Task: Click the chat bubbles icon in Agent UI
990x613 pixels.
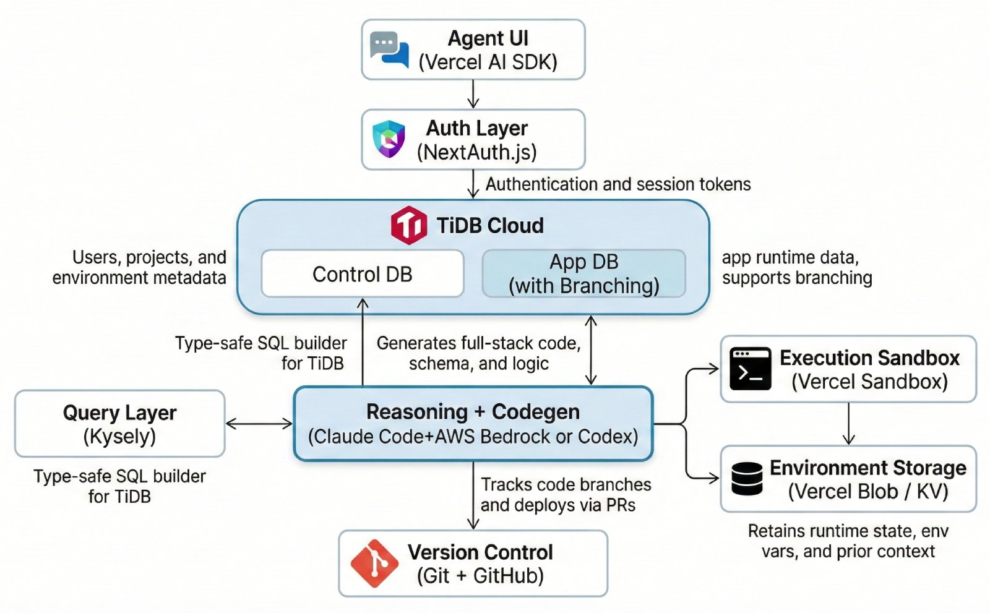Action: click(x=389, y=49)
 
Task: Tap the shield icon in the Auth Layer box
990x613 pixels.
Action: click(x=389, y=139)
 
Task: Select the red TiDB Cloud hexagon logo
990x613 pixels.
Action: click(x=408, y=225)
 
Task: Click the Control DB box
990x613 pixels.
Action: click(x=363, y=273)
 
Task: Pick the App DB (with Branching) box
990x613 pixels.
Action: click(x=583, y=273)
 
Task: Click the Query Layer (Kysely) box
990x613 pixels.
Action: click(x=119, y=424)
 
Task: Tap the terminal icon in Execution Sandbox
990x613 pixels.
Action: click(x=750, y=369)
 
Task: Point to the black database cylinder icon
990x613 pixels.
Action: click(x=747, y=479)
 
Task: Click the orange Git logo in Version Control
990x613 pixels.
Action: click(x=374, y=563)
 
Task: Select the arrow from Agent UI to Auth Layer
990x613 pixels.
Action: click(x=473, y=94)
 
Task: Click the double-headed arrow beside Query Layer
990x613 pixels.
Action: click(x=259, y=424)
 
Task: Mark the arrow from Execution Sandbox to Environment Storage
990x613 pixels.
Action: click(x=848, y=424)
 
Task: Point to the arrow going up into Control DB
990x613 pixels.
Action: click(x=363, y=340)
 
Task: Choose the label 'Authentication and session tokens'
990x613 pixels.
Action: click(x=618, y=184)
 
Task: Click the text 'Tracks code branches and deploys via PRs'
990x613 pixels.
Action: click(x=566, y=495)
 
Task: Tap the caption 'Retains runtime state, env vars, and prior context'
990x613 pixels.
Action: click(x=848, y=541)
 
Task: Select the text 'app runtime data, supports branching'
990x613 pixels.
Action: click(x=796, y=267)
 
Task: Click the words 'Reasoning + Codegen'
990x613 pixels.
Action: click(x=473, y=412)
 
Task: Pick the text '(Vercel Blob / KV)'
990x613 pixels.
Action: click(x=867, y=492)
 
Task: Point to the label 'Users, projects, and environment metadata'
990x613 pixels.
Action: click(x=140, y=267)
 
